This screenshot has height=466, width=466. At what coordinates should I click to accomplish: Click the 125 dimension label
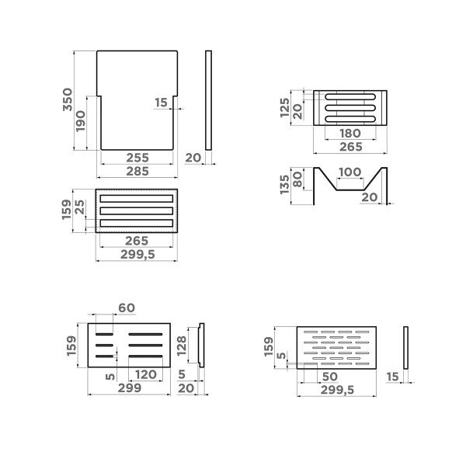(x=284, y=107)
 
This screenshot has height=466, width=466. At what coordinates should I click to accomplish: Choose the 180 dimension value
(x=350, y=134)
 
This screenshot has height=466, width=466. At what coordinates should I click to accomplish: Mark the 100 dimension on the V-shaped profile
(x=349, y=172)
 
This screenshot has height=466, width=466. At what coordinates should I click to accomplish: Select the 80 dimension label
(x=298, y=179)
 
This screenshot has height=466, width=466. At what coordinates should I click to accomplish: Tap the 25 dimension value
(x=82, y=209)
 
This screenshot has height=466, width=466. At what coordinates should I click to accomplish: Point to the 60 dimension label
(x=126, y=308)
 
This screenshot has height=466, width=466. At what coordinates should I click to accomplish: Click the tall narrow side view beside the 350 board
(x=208, y=100)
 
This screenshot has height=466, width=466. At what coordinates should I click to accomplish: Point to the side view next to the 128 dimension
(x=200, y=345)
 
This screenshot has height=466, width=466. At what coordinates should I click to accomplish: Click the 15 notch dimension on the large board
(x=161, y=103)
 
